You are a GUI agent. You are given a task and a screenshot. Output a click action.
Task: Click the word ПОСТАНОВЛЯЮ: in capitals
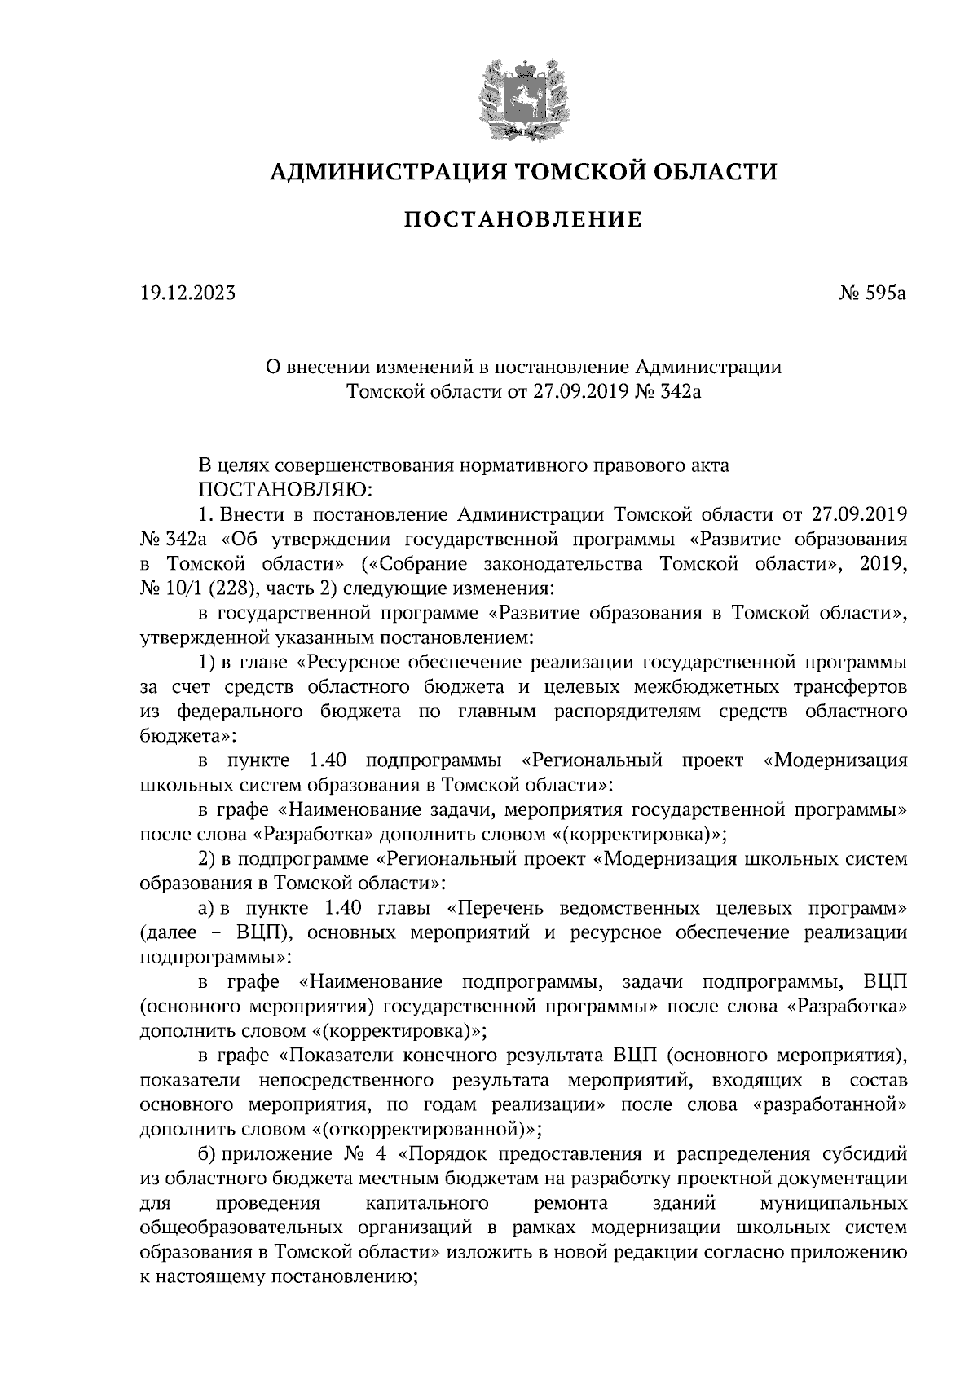pyautogui.click(x=285, y=490)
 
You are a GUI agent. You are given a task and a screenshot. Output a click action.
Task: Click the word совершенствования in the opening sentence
pyautogui.click(x=368, y=465)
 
